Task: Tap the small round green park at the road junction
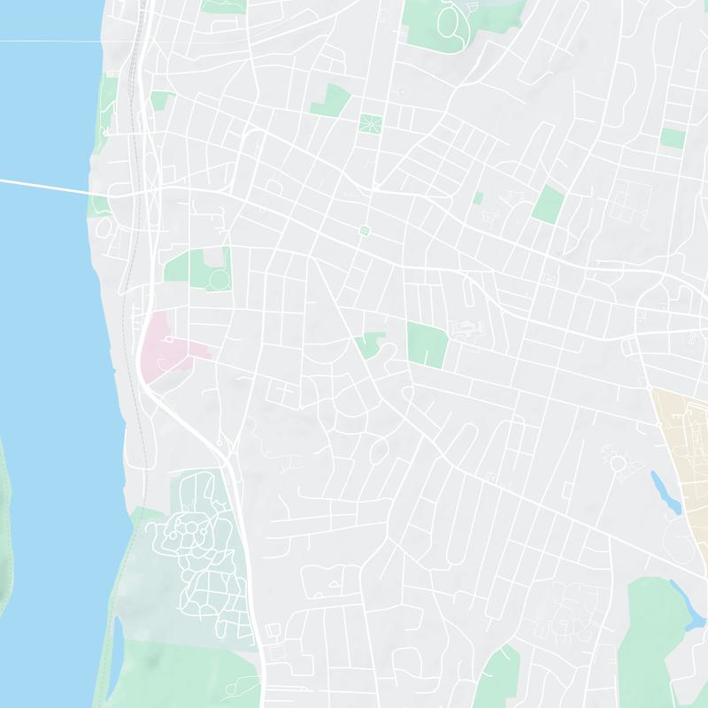click(364, 231)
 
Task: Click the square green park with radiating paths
click(370, 123)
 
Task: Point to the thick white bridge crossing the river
click(44, 186)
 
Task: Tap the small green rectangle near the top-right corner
click(673, 138)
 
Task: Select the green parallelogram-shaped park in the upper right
click(548, 204)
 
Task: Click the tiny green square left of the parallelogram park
click(478, 198)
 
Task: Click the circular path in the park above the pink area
click(218, 280)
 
